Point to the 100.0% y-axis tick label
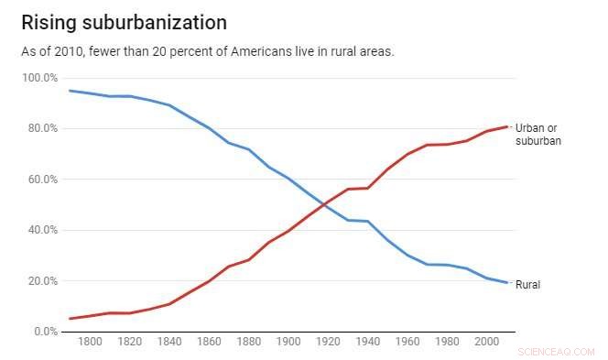(39, 78)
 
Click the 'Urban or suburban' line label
(538, 134)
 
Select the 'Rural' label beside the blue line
(528, 285)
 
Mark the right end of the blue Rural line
(507, 283)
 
